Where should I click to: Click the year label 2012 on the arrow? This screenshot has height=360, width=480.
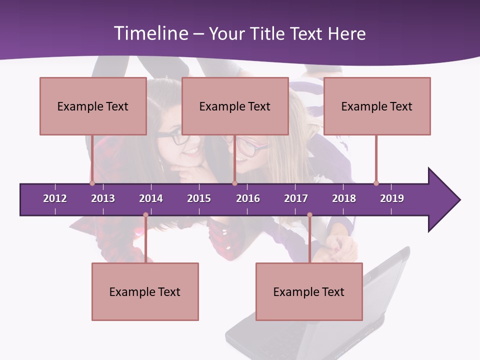pyautogui.click(x=55, y=198)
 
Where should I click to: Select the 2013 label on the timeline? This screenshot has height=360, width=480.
pyautogui.click(x=103, y=198)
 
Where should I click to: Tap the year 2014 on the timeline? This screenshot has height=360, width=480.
pyautogui.click(x=151, y=198)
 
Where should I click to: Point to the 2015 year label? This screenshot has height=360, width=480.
pyautogui.click(x=199, y=198)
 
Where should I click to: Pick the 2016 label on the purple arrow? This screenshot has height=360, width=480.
pyautogui.click(x=248, y=198)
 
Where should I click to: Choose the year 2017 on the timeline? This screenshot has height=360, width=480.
pyautogui.click(x=296, y=198)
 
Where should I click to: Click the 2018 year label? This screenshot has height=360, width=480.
pyautogui.click(x=344, y=198)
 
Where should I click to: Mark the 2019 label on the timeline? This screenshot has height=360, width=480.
pyautogui.click(x=392, y=198)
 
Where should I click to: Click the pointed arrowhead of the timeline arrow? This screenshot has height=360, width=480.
pyautogui.click(x=445, y=199)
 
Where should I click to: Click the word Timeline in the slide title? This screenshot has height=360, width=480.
pyautogui.click(x=150, y=33)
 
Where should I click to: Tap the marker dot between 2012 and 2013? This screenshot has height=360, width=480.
pyautogui.click(x=92, y=183)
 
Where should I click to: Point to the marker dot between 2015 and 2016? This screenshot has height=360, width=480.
pyautogui.click(x=234, y=183)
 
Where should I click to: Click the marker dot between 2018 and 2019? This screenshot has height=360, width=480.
pyautogui.click(x=376, y=183)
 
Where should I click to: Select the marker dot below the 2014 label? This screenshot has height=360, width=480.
pyautogui.click(x=145, y=215)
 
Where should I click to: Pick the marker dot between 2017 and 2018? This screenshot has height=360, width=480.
pyautogui.click(x=309, y=215)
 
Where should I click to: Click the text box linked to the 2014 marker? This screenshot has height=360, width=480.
pyautogui.click(x=145, y=291)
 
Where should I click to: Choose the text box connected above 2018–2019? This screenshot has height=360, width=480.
pyautogui.click(x=377, y=106)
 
